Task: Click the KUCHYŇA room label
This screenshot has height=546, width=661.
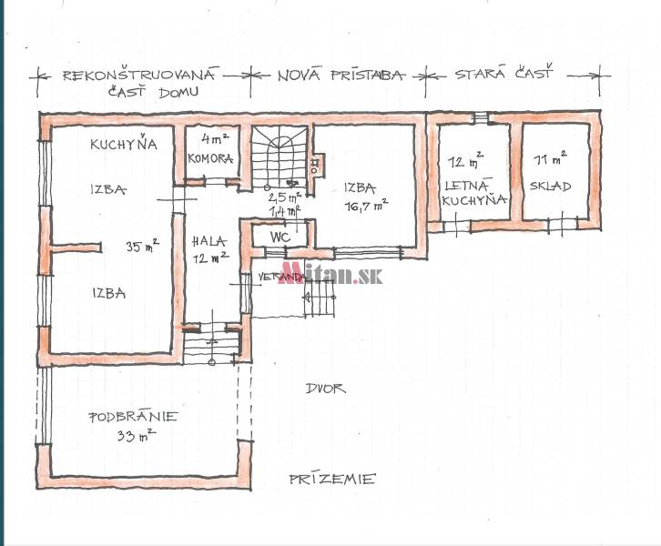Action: point(123,144)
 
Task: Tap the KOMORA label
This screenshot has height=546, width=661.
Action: point(211,158)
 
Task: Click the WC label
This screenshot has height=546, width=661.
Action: point(279,236)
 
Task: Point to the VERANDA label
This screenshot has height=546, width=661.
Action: point(279,276)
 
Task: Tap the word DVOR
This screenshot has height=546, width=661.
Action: point(325,389)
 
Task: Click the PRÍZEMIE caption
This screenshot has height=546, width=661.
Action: point(332,479)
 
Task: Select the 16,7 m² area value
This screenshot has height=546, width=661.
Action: point(363,206)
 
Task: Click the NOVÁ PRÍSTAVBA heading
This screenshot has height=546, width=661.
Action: point(340,76)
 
